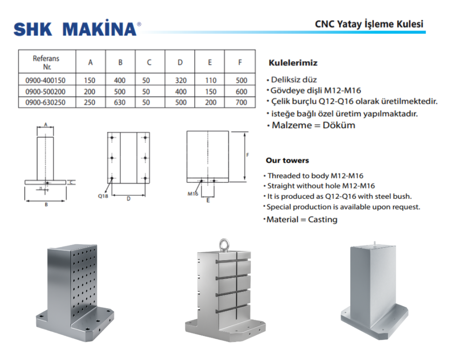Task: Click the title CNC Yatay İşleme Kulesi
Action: pos(369,24)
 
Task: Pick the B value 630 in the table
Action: pos(120,103)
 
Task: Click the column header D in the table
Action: pos(180,62)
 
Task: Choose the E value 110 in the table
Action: pos(211,80)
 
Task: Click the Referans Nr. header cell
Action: pos(46,63)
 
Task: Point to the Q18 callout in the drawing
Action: pos(103,195)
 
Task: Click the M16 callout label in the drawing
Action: pos(192,194)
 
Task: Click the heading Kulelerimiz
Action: pos(293,63)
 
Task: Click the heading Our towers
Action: pos(287,160)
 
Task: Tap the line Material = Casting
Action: pos(301,219)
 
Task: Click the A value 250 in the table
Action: pos(90,103)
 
